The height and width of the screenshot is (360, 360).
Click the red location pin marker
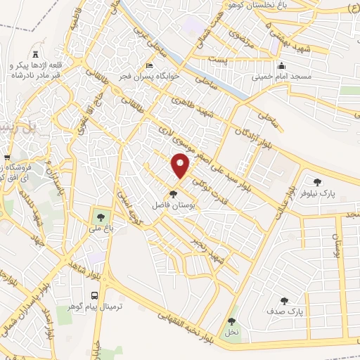coord(181,165)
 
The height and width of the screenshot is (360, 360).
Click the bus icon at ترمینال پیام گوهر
coord(94,296)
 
